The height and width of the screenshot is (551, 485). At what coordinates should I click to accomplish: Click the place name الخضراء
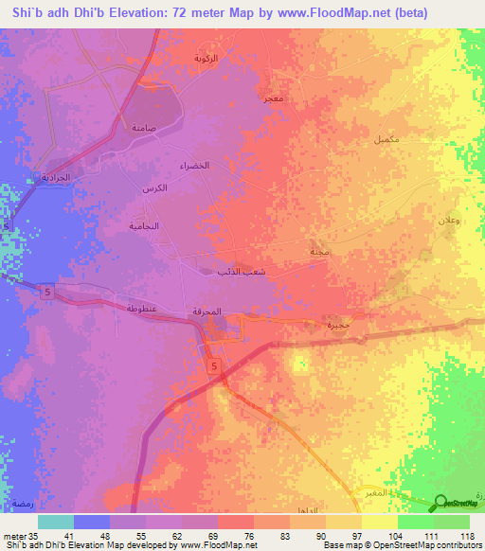194,166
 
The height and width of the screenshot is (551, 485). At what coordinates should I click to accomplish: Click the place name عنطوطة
141,310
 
